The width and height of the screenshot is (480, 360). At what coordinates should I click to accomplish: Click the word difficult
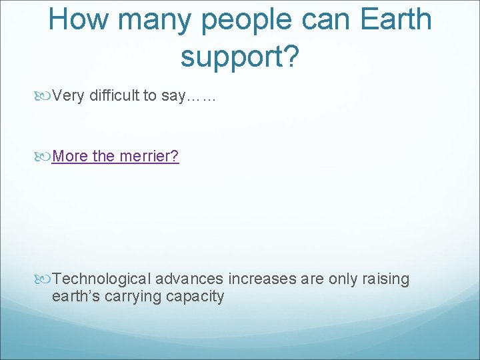pyautogui.click(x=119, y=96)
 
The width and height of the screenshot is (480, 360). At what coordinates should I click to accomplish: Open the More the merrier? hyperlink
pyautogui.click(x=115, y=157)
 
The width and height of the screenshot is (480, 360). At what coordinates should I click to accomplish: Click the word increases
pyautogui.click(x=263, y=279)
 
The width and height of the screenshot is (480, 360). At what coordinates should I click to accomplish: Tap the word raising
pyautogui.click(x=386, y=279)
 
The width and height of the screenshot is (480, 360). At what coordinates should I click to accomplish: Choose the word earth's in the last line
pyautogui.click(x=73, y=296)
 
